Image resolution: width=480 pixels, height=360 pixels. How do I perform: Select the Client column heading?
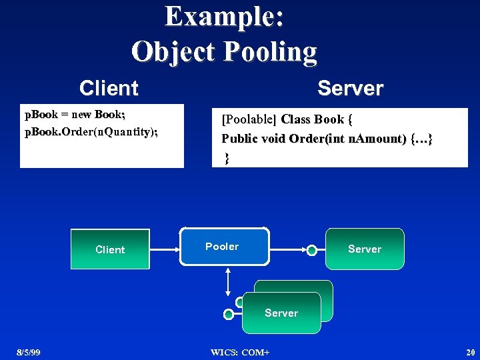point(109,88)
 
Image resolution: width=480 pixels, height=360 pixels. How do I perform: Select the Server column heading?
point(350,88)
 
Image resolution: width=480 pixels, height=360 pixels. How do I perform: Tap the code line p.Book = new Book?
point(75,115)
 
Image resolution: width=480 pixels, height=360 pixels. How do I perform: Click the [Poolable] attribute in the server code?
point(249,120)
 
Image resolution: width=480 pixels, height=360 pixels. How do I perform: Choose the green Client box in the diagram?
point(110,249)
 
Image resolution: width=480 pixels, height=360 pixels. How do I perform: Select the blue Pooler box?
point(225,247)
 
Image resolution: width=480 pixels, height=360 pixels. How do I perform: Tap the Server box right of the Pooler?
point(365,249)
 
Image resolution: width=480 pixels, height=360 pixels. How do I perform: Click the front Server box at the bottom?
point(281,313)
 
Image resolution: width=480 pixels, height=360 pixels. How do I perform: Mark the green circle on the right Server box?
point(311,250)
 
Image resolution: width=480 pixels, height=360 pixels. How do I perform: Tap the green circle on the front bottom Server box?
point(229,314)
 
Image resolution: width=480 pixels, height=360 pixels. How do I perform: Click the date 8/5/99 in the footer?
point(29,352)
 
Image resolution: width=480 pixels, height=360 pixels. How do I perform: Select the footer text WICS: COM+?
point(239,352)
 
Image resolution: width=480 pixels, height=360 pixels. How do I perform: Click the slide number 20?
point(470,352)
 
